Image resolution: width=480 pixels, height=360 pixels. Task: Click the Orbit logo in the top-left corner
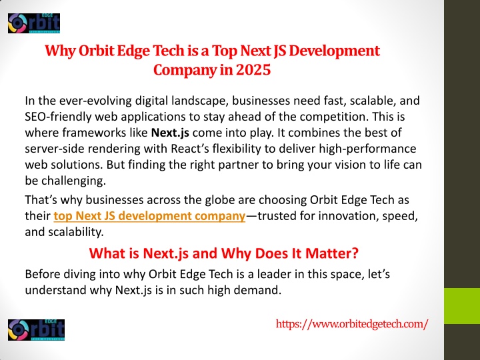tap(34, 23)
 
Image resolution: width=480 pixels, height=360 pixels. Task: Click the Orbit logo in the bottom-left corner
tap(36, 330)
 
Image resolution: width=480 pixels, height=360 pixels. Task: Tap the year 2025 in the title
tap(253, 70)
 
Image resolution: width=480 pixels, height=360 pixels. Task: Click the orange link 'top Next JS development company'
tap(149, 216)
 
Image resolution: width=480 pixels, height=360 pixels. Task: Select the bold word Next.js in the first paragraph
tap(170, 133)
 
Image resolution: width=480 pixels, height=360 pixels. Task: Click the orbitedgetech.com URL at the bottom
tap(352, 324)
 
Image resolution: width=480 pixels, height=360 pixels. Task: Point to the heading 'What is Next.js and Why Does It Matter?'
tap(223, 253)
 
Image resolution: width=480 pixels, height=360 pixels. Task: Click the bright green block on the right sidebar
tap(462, 306)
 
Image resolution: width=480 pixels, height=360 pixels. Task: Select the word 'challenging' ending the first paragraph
tap(73, 181)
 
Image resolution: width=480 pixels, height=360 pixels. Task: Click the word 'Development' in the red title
tap(334, 51)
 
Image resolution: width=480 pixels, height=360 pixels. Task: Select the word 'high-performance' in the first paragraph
tap(367, 149)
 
